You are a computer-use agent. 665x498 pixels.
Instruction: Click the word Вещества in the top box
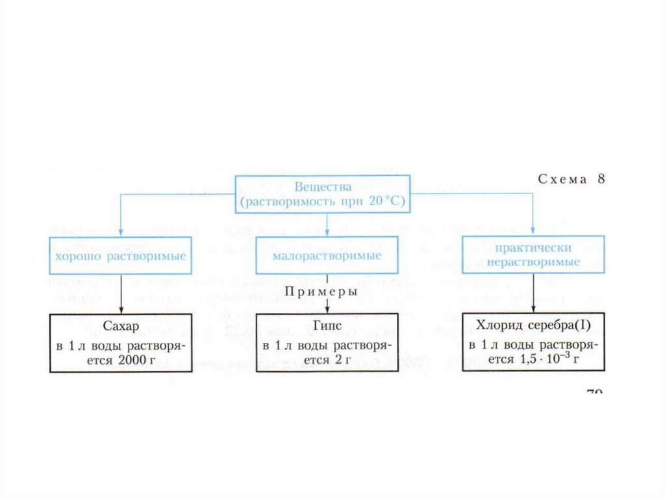point(323,188)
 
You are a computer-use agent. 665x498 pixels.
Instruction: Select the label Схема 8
point(571,180)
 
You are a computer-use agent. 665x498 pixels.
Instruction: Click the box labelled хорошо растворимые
point(121,256)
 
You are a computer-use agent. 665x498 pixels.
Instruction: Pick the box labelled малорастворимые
point(327,256)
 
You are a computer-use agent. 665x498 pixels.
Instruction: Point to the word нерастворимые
point(534,262)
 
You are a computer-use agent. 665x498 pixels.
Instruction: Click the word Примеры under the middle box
point(321,292)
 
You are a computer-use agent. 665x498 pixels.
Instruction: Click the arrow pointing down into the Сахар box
point(121,310)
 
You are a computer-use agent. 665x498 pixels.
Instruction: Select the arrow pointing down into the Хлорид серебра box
point(533,310)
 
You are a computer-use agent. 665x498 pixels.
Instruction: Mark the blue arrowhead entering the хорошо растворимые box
point(121,232)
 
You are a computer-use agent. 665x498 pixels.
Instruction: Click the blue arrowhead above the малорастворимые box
point(327,232)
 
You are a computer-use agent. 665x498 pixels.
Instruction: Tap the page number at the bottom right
point(594,392)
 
